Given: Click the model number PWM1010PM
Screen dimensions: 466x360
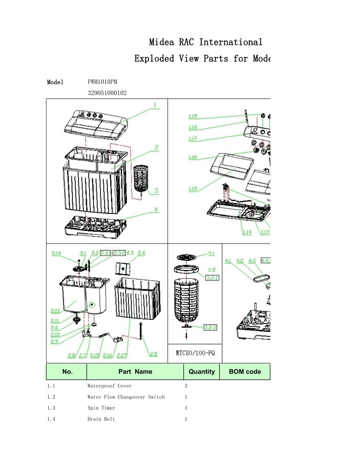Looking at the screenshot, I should pos(102,82).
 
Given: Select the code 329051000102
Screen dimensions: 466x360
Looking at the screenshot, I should pos(107,93).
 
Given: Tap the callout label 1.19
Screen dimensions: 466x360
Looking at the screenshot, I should pos(193,116).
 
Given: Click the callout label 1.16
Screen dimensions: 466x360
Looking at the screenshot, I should pos(193,157).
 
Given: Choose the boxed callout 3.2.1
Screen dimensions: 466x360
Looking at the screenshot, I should pos(213,277).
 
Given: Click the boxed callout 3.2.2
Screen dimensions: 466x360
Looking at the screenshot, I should pos(210,327).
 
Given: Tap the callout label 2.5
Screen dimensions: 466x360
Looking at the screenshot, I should pos(153,354).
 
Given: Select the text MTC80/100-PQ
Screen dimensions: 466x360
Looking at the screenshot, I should pos(195,354).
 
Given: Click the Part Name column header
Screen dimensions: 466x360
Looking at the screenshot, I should pos(135,371).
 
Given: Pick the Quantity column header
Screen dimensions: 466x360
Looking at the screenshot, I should pos(201,371).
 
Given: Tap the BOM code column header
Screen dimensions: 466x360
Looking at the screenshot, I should pos(244,371).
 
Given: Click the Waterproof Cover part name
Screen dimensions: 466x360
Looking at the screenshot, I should pos(109,386).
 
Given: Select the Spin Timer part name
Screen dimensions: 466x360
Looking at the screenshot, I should pos(101,408).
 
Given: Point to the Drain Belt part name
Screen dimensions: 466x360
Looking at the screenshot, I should pos(101,419).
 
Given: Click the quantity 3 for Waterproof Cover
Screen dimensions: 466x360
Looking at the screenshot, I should pos(186,386).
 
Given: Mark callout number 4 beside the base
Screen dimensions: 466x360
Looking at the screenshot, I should pos(156,209).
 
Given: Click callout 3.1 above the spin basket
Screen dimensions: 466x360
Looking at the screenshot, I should pos(212,254).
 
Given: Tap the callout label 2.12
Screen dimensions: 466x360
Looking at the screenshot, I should pos(55,311).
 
